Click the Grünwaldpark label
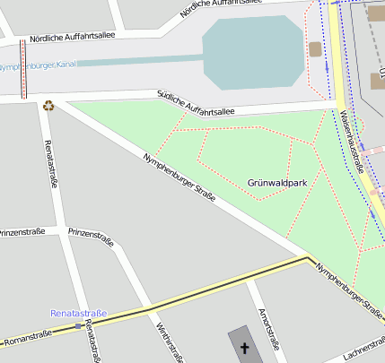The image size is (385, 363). [277, 182]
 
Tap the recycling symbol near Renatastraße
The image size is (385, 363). [48, 106]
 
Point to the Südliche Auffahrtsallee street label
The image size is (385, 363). [195, 104]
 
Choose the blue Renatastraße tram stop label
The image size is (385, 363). [78, 314]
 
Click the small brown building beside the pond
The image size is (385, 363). [315, 49]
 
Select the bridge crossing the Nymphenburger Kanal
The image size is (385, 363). [23, 69]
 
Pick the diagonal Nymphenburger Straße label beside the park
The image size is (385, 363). [179, 178]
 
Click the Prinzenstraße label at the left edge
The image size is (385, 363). [22, 232]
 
